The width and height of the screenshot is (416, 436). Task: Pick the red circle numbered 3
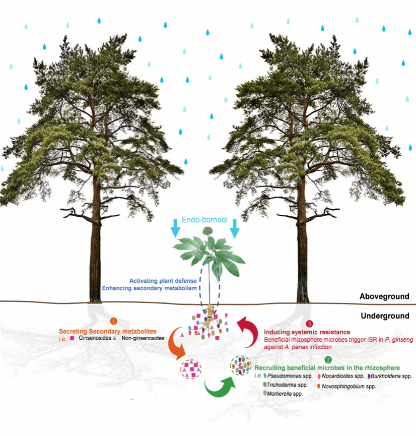tap(309, 323)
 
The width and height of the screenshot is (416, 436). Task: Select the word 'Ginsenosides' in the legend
tap(93, 338)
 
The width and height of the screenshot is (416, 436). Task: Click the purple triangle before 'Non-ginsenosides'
tap(115, 338)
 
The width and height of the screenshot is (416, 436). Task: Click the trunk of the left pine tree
tap(96, 252)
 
